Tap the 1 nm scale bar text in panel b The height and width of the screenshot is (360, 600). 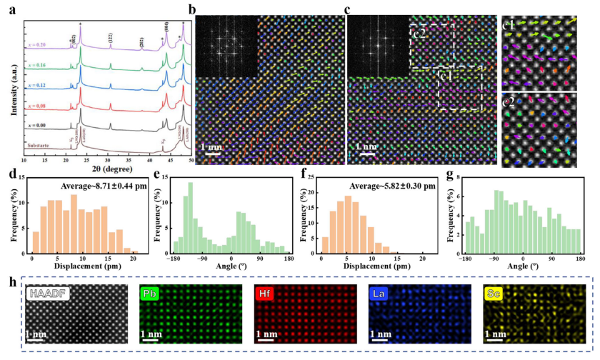click(210, 149)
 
